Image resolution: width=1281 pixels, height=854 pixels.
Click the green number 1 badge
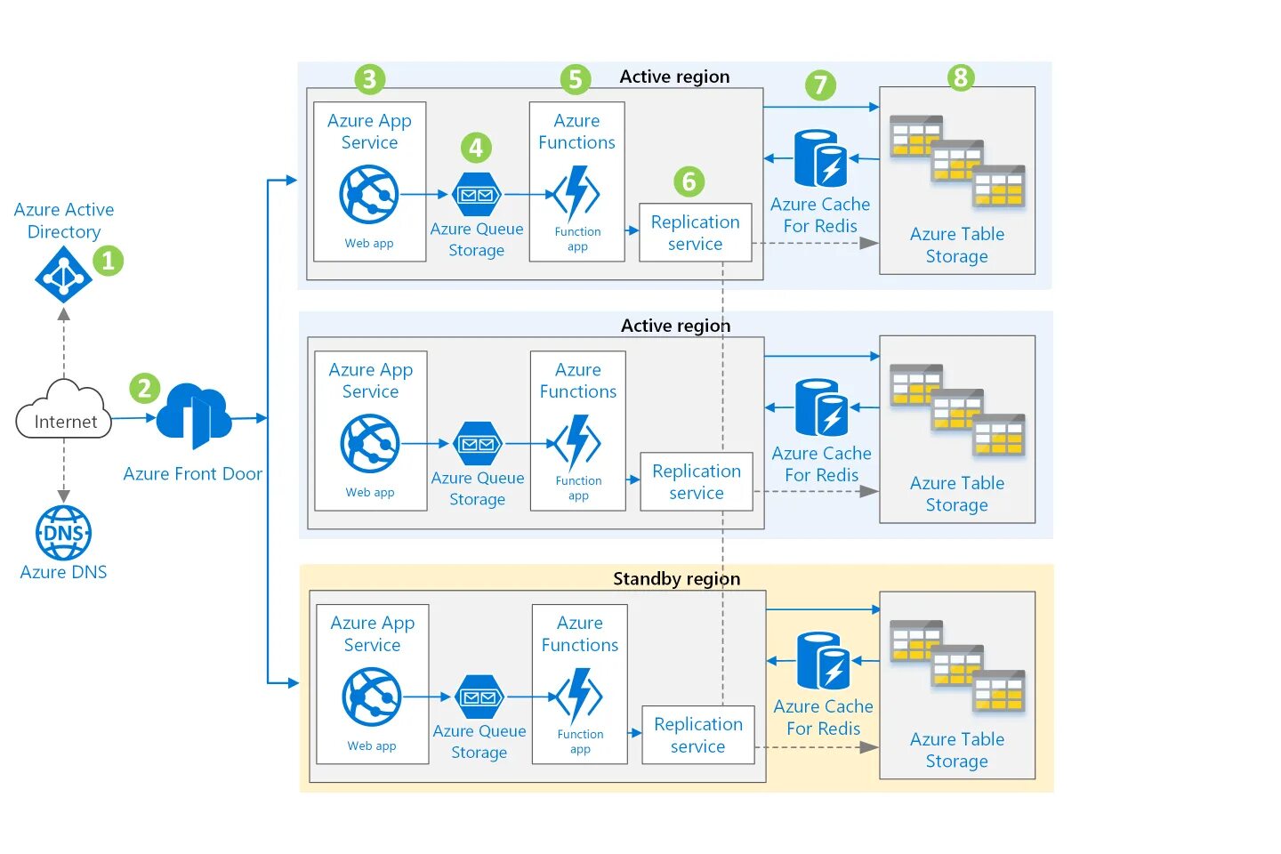109,261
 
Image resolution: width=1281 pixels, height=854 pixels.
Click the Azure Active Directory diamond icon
63,275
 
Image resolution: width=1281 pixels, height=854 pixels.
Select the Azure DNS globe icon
63,533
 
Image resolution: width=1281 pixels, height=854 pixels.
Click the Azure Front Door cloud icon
194,415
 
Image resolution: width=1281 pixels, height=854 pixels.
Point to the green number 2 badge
144,388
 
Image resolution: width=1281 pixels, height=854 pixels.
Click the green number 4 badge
476,148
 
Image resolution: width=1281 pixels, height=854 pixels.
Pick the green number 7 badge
820,85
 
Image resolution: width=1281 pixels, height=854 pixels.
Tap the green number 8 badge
960,77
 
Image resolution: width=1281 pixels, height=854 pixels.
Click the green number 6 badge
689,181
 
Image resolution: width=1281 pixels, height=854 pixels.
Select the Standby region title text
676,579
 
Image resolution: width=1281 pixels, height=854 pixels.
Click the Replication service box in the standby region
698,735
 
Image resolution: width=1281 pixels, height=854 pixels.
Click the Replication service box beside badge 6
696,233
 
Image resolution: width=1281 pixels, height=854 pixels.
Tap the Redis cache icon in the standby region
823,661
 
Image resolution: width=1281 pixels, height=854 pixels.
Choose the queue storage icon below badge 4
478,195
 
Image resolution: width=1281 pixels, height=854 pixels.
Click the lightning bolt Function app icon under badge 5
576,194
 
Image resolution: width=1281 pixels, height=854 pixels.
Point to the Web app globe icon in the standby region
372,697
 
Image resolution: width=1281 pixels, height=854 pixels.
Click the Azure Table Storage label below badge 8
957,245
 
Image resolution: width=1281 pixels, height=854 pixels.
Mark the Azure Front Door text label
192,474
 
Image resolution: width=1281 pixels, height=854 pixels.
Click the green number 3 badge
369,79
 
